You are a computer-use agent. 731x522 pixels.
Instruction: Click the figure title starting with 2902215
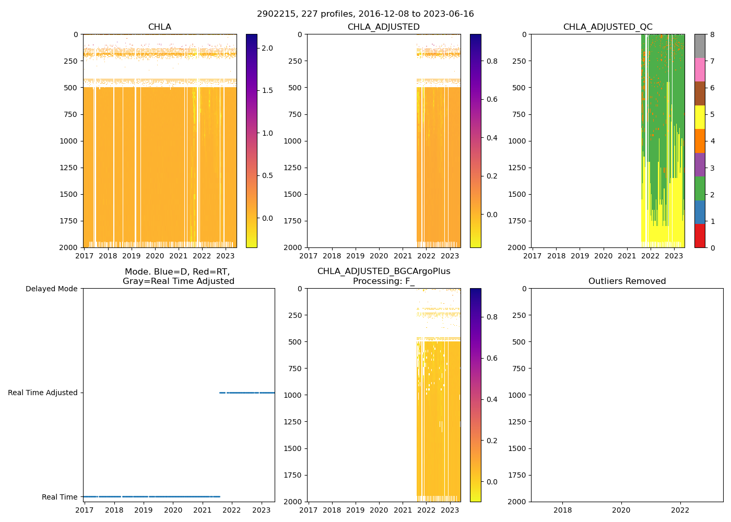[365, 14]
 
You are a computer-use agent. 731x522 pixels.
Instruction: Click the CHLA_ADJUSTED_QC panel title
[608, 27]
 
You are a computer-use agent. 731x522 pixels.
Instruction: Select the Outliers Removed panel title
[627, 281]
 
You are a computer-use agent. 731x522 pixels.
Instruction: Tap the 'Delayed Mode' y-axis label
[51, 289]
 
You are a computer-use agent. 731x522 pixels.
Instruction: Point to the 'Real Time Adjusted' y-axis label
[43, 393]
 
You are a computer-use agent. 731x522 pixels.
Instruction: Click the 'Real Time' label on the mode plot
[60, 497]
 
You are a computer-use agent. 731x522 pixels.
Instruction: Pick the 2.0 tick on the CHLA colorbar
[267, 48]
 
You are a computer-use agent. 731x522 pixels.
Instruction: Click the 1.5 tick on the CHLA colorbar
[267, 90]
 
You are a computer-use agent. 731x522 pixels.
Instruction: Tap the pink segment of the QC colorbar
[700, 70]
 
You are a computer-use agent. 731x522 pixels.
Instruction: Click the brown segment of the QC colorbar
[700, 93]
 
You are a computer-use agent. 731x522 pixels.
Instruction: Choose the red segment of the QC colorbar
[700, 235]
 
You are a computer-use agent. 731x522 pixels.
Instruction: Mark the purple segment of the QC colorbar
[700, 164]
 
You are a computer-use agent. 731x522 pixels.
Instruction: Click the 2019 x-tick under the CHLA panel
[131, 256]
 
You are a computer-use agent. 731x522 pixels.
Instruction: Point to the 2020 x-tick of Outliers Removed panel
[621, 511]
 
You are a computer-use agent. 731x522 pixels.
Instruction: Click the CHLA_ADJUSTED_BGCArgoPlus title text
[384, 271]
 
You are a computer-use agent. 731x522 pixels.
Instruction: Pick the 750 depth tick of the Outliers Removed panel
[519, 369]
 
